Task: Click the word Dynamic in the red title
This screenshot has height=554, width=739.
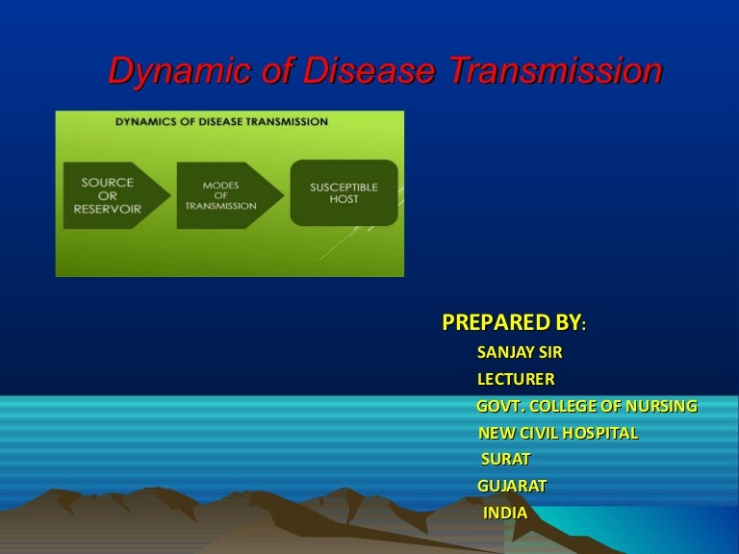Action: [179, 70]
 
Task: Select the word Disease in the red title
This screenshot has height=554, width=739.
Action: [369, 70]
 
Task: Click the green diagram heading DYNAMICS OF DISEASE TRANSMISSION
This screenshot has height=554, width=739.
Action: [221, 121]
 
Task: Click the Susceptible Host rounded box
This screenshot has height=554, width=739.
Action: [344, 192]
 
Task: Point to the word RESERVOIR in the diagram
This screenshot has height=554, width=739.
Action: [108, 209]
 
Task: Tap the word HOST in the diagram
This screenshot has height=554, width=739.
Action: [344, 199]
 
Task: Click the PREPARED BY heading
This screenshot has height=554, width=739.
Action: [514, 323]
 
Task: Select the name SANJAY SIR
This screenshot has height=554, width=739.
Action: [520, 352]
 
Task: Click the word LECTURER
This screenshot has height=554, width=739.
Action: [516, 379]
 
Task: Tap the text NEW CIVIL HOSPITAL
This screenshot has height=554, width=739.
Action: [558, 433]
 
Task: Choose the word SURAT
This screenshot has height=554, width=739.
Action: [506, 460]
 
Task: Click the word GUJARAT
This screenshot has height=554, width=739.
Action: [512, 486]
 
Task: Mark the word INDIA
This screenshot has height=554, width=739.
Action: [505, 513]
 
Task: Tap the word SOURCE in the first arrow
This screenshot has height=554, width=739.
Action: [108, 183]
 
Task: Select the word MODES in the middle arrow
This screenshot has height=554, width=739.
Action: [221, 185]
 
